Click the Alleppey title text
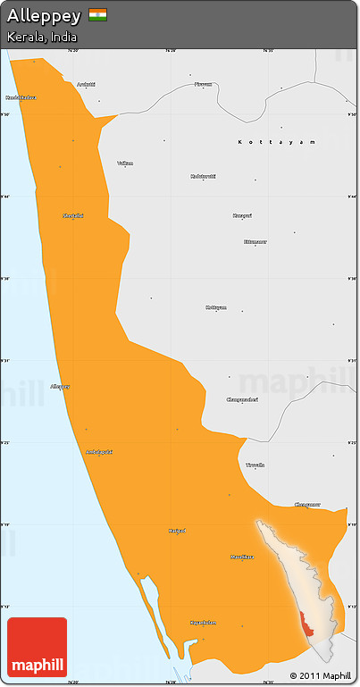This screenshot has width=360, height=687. pos(44,16)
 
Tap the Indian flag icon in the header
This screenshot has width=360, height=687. pos(97,15)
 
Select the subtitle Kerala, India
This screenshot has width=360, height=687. pos(42,38)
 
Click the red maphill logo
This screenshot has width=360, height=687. pos(37,648)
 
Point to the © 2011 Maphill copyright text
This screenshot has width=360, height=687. pos(320,675)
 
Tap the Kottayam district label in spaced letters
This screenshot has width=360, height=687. pos(277,142)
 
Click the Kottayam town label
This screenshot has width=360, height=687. pos(216,307)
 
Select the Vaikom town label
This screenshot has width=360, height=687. pos(125,163)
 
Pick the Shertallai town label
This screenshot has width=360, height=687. pos(73,215)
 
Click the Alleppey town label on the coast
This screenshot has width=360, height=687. pos(61,387)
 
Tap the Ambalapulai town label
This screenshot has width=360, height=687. pos(98,452)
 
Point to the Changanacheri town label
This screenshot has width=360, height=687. pos(242,399)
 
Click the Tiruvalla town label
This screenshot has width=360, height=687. pos(255,465)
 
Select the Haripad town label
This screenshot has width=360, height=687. pos(177,531)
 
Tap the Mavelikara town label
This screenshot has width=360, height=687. pos(241,557)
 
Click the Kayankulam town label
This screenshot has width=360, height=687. pos(204,623)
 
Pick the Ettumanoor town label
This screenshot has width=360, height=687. pos(255,241)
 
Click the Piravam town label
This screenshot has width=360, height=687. pos(204,84)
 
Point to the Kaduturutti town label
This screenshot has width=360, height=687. pos(204,176)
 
